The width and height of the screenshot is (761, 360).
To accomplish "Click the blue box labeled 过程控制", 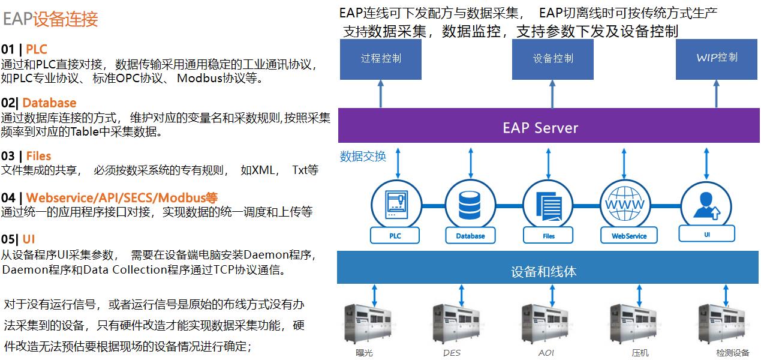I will click(x=381, y=59).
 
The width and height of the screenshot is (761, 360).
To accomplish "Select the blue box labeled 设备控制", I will click(x=552, y=59).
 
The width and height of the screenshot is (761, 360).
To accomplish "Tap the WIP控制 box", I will click(x=717, y=59).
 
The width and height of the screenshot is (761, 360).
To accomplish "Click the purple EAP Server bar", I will click(x=540, y=128).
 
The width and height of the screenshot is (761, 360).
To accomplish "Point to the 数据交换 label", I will click(x=363, y=157).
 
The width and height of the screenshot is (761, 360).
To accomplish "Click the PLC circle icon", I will click(x=394, y=205).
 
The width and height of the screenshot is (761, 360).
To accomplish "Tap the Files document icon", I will click(x=548, y=205).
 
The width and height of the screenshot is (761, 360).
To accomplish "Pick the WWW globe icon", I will click(x=625, y=205).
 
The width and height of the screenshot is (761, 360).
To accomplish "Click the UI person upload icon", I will click(x=705, y=205).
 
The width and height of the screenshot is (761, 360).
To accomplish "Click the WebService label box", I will click(x=628, y=236).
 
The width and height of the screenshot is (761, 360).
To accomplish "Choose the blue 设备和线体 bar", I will click(x=543, y=271).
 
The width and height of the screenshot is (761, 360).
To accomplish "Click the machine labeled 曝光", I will click(x=366, y=324).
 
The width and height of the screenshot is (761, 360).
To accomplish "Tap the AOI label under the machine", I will click(x=546, y=353).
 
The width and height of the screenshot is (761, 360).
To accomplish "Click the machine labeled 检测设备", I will click(x=723, y=324).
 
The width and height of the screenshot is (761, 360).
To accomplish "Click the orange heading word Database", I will click(x=49, y=103).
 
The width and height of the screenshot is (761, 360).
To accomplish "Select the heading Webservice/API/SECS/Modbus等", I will click(x=122, y=197).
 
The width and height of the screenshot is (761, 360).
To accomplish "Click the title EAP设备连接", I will click(x=50, y=19).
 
